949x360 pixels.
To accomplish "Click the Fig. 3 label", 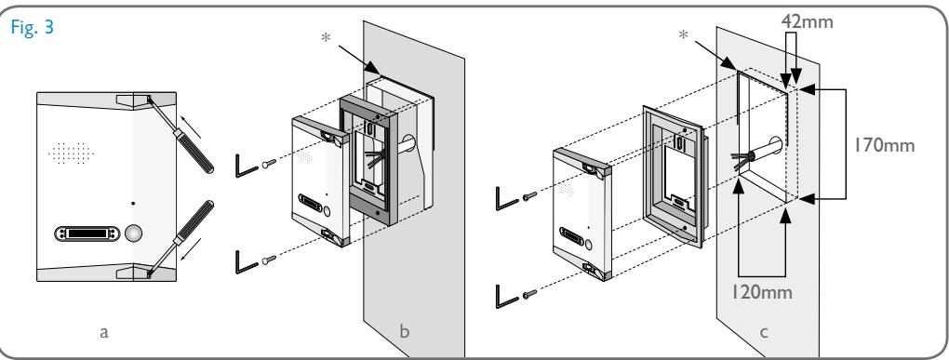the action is coord(32,28).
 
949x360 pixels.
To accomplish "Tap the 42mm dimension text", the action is coord(807,21).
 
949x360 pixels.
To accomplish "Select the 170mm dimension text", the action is coord(884,145).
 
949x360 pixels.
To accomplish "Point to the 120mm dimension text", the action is coord(761,292).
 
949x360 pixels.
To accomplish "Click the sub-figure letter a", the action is coord(104,331).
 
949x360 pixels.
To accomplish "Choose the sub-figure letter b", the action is coord(405,330).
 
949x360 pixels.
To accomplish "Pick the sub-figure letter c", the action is coord(764,331).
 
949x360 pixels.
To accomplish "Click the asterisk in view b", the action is coord(327,37).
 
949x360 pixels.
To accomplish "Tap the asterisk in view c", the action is coord(683,35).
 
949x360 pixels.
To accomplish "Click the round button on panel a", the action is coord(134,233).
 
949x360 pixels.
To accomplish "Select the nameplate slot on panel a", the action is coord(85,233).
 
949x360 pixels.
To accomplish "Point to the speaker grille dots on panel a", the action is coord(71,153).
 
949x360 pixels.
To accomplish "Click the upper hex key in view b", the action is coord(245,167).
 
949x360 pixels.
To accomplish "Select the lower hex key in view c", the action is coord(506,297).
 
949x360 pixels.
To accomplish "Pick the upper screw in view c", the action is coord(529,196).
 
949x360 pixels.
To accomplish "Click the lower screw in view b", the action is coord(269,260).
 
